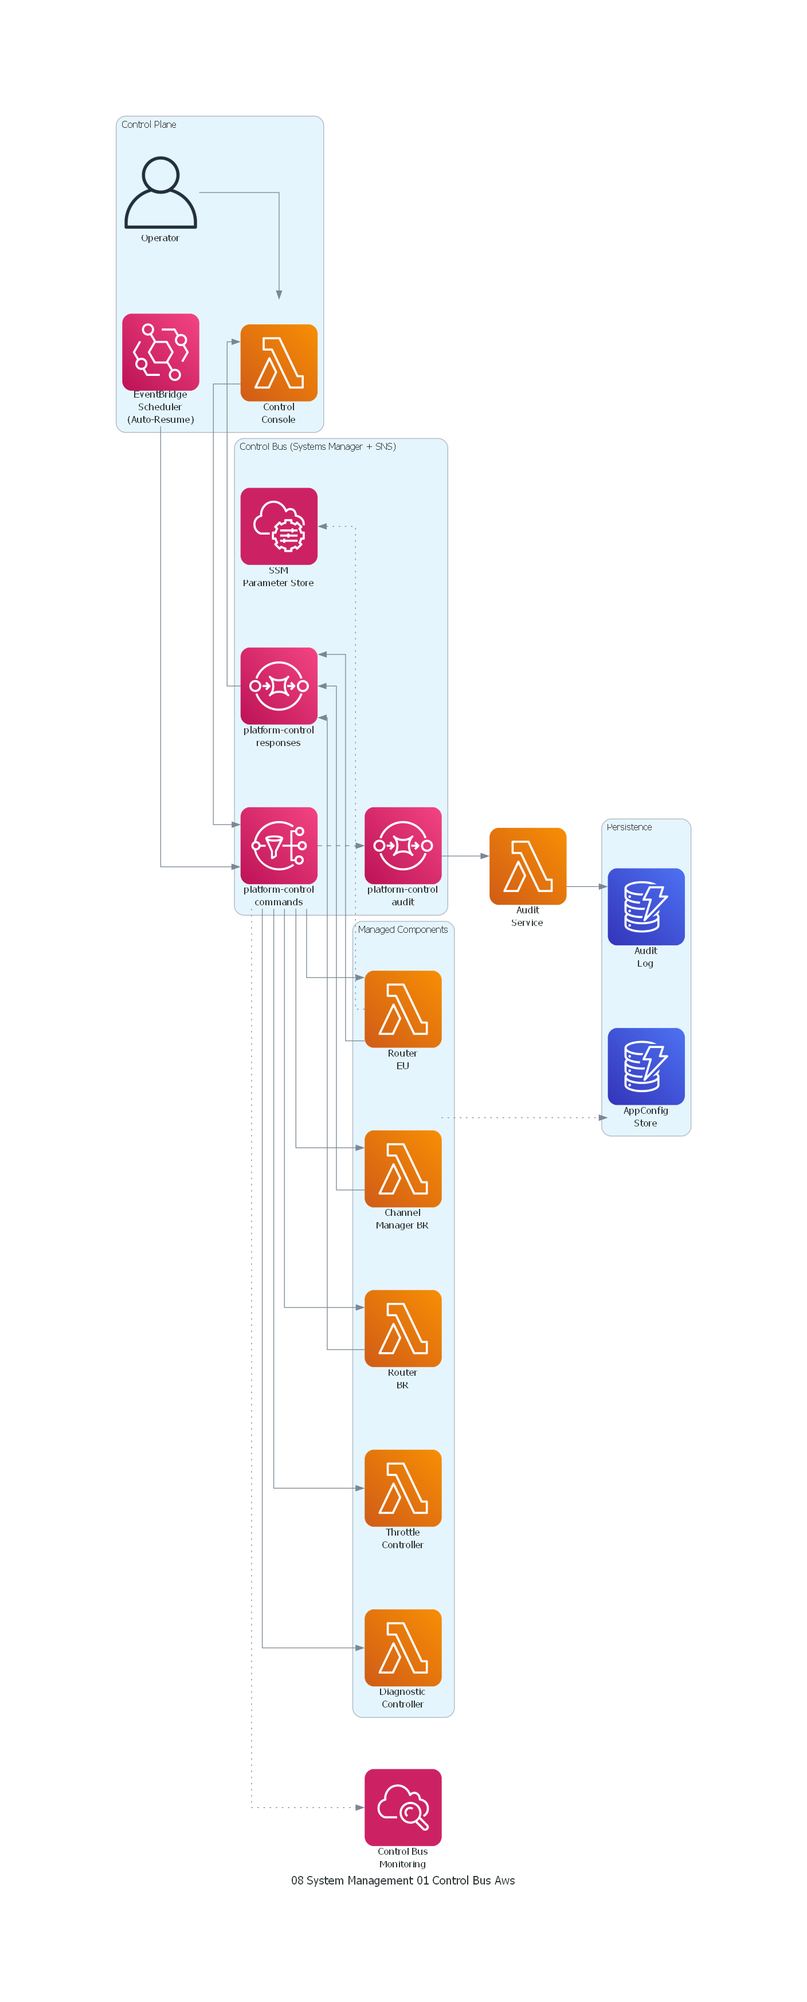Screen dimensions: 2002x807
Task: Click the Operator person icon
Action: pos(160,192)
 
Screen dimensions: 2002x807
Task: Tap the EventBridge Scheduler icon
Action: pos(160,351)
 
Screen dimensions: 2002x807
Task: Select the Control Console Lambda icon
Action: pos(279,362)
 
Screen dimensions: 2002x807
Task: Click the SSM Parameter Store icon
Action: pos(279,525)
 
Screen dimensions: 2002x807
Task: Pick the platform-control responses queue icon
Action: pos(279,685)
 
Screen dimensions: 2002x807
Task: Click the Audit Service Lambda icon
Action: pos(527,866)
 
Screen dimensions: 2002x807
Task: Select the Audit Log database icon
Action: pos(645,906)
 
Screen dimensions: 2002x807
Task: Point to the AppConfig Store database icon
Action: pos(645,1066)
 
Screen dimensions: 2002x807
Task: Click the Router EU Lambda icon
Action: pos(403,1009)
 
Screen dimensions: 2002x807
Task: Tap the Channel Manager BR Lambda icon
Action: pos(403,1168)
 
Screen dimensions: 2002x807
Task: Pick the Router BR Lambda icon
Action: pos(403,1328)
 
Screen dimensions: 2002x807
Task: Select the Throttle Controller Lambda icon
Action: pos(403,1487)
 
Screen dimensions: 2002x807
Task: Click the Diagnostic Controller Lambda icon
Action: pos(403,1647)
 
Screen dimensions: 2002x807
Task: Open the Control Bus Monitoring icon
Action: pos(403,1807)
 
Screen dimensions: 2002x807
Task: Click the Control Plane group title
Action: pos(148,124)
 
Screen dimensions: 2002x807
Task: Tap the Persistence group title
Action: pos(629,827)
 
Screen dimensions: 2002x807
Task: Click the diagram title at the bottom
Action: pos(403,1880)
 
